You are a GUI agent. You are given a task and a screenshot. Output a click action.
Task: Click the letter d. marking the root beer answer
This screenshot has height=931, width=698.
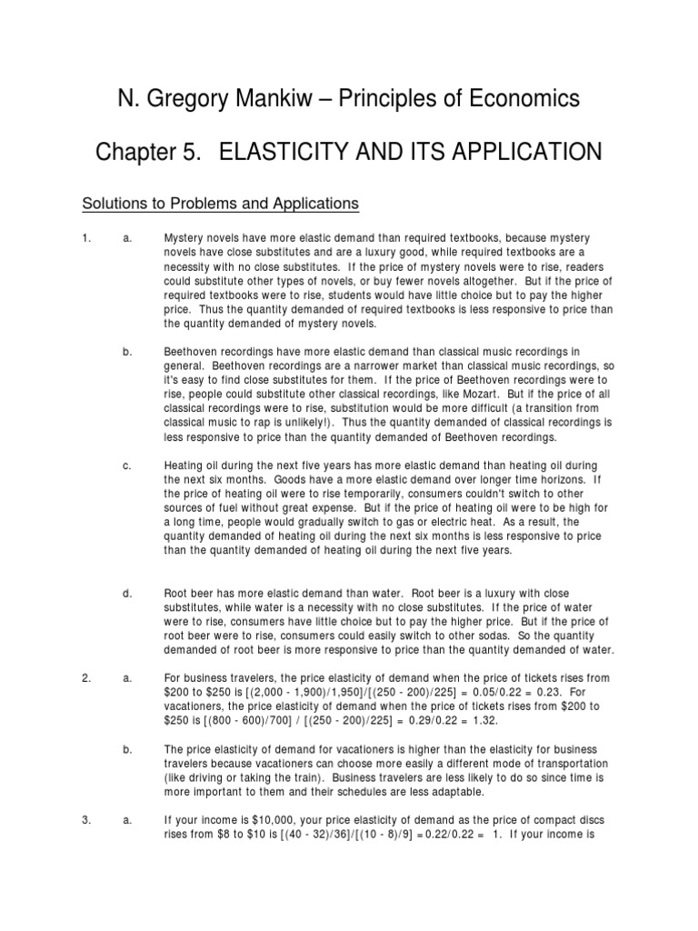[127, 593]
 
